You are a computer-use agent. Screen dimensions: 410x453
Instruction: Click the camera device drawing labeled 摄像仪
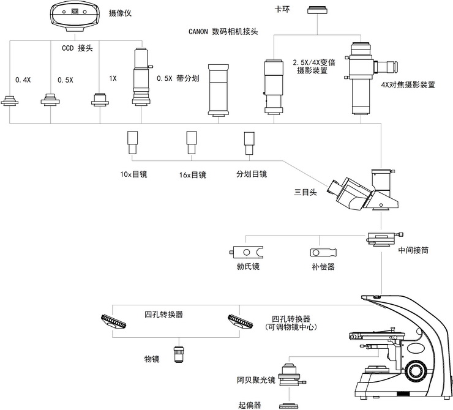(x=75, y=15)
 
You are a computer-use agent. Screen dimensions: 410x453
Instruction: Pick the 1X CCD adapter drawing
(x=99, y=100)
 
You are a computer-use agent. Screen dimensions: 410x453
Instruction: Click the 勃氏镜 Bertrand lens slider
(x=248, y=251)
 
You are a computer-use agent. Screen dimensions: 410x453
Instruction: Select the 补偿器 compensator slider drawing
(x=323, y=252)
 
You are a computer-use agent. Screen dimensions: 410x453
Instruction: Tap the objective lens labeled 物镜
(x=179, y=354)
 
